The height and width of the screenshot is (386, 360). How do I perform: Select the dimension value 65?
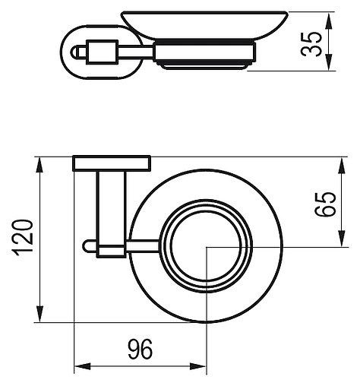point(327,203)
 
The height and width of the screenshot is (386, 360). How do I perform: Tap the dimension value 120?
point(22,239)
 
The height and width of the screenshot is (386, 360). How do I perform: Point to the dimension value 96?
point(140,350)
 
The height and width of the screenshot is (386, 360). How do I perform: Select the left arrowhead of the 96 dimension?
point(79,368)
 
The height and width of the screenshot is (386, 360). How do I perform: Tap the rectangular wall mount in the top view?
point(112,163)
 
